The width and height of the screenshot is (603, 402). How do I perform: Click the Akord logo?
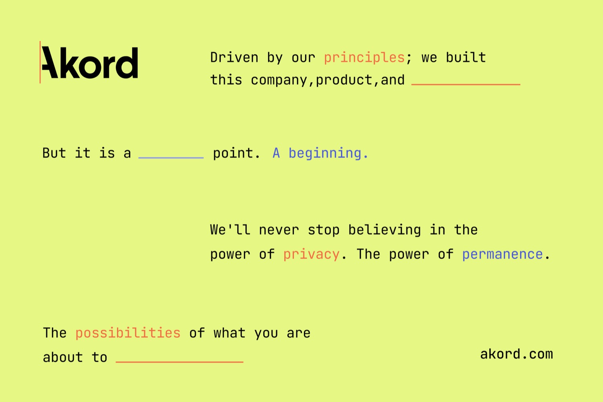coord(89,62)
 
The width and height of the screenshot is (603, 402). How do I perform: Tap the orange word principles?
coord(364,58)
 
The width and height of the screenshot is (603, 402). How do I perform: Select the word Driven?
coord(234,58)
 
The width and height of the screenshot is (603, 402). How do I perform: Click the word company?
coord(279,80)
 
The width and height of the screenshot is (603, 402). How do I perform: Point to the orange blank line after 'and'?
coord(466,85)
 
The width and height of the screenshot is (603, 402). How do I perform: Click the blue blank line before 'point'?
coord(171,157)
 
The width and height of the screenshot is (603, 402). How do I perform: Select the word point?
coord(233,153)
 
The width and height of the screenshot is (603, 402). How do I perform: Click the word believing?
coord(384,230)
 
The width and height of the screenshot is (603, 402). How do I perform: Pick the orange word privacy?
coord(311,254)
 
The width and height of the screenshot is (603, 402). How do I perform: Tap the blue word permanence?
coord(503,254)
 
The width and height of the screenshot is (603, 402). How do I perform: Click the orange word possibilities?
coord(128,333)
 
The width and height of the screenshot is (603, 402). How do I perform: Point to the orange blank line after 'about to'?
coord(180,362)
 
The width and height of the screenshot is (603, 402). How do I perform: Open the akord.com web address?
coord(517,354)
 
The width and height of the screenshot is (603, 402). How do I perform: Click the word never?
coord(279,230)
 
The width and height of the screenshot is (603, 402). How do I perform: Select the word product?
coord(344,80)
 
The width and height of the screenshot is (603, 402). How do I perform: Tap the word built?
coord(466,58)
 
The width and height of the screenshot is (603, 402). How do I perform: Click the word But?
coord(54,153)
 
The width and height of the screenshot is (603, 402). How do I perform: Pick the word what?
coord(230,333)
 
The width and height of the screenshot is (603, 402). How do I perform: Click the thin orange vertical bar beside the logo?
coord(40,62)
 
